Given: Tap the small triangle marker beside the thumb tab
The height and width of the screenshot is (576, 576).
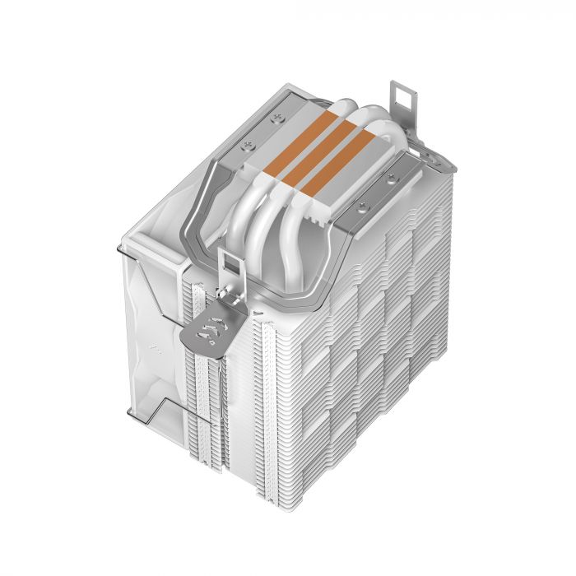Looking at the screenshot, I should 258,314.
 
